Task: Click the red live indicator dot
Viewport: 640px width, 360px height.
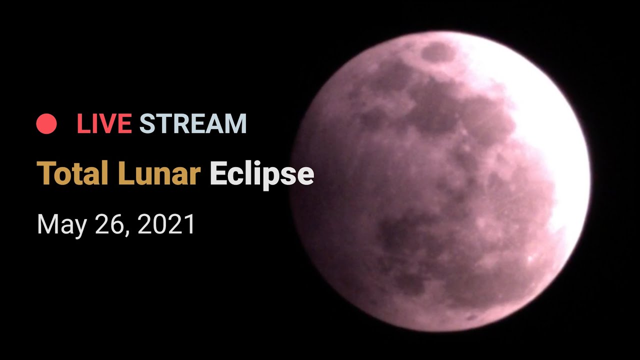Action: pos(46,123)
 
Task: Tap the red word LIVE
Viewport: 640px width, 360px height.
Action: pos(104,123)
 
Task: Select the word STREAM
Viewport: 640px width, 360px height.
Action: pos(193,123)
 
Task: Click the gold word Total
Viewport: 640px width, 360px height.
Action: pos(72,173)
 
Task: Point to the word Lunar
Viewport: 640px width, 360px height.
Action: pos(159,173)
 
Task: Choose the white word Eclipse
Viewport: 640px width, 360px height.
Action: pos(262,174)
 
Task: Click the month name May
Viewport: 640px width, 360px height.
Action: pos(61,225)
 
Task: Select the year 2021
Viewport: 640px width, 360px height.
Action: pos(166,224)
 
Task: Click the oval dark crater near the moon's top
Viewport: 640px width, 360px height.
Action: pos(437,52)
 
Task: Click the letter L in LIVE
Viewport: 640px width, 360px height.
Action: pos(83,123)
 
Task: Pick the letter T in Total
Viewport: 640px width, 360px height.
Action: pos(47,173)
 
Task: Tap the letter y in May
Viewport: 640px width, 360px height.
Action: pos(79,228)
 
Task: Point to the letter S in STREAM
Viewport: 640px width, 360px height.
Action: pos(147,123)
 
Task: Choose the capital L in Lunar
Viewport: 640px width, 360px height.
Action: pos(125,173)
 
